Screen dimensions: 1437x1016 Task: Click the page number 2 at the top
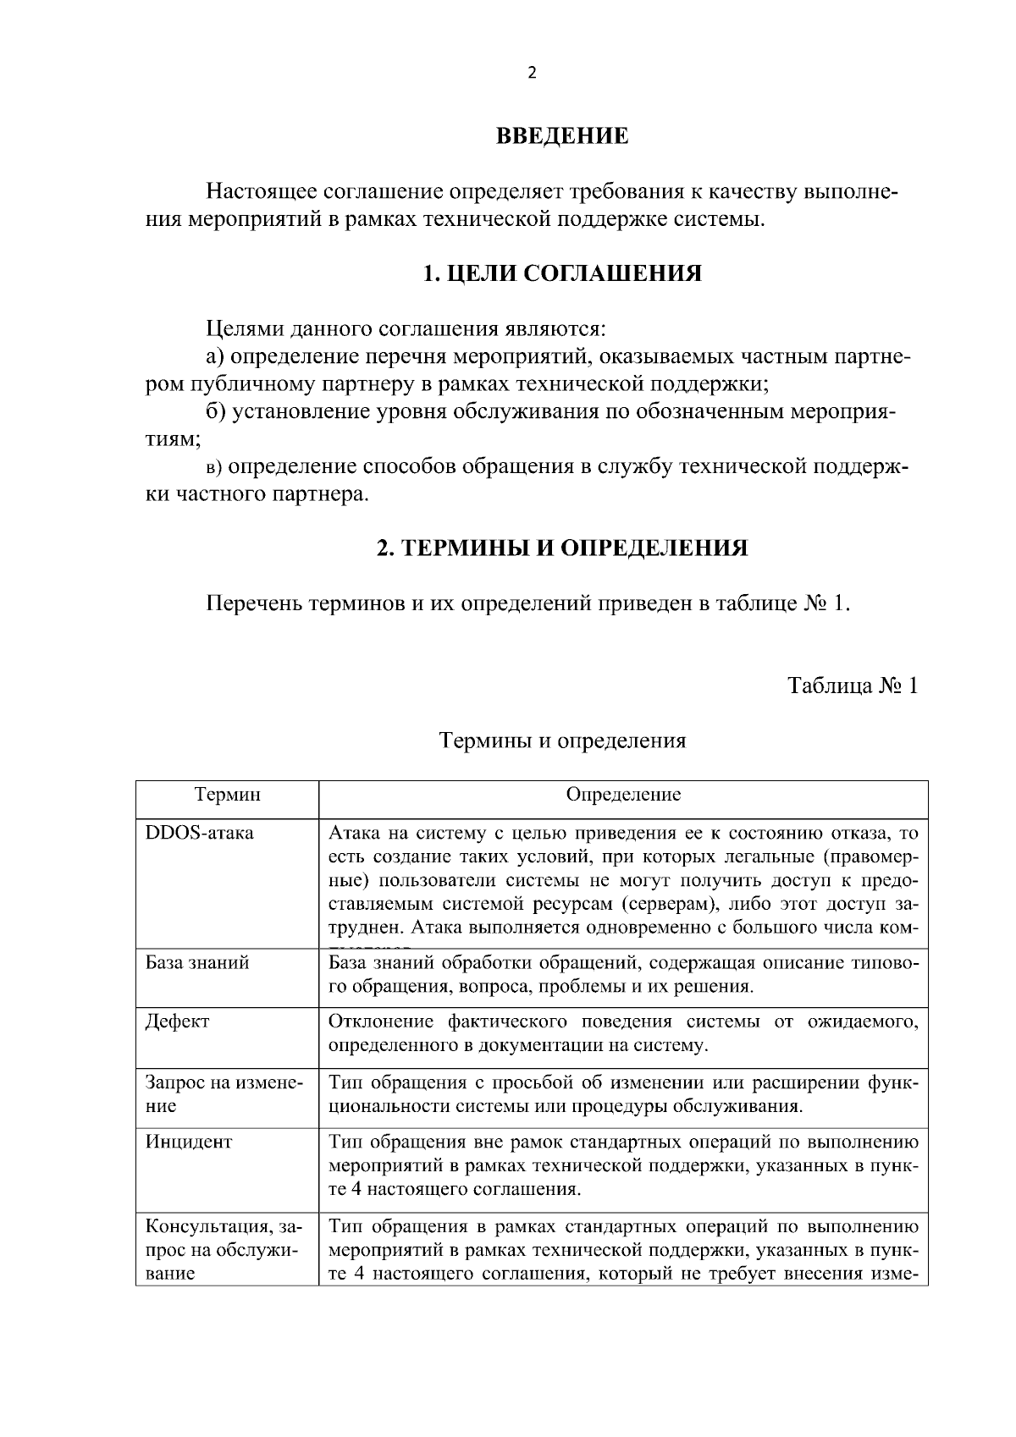click(x=532, y=73)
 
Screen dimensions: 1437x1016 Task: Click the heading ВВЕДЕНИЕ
click(x=561, y=135)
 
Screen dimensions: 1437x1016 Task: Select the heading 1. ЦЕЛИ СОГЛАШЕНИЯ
click(x=561, y=273)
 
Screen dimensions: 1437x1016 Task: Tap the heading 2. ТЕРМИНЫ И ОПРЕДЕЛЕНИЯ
click(x=561, y=548)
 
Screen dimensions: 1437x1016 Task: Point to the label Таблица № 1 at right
click(x=853, y=685)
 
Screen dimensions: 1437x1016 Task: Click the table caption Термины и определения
click(x=562, y=741)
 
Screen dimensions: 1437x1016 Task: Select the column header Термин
click(x=227, y=795)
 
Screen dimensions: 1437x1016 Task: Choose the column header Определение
click(x=623, y=795)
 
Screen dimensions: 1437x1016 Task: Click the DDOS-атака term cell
click(x=200, y=833)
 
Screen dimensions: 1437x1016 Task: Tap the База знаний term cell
click(x=197, y=962)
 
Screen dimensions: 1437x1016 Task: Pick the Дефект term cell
click(x=178, y=1021)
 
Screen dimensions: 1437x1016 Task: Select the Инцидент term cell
click(x=189, y=1142)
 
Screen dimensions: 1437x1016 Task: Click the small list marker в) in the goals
click(x=214, y=467)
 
